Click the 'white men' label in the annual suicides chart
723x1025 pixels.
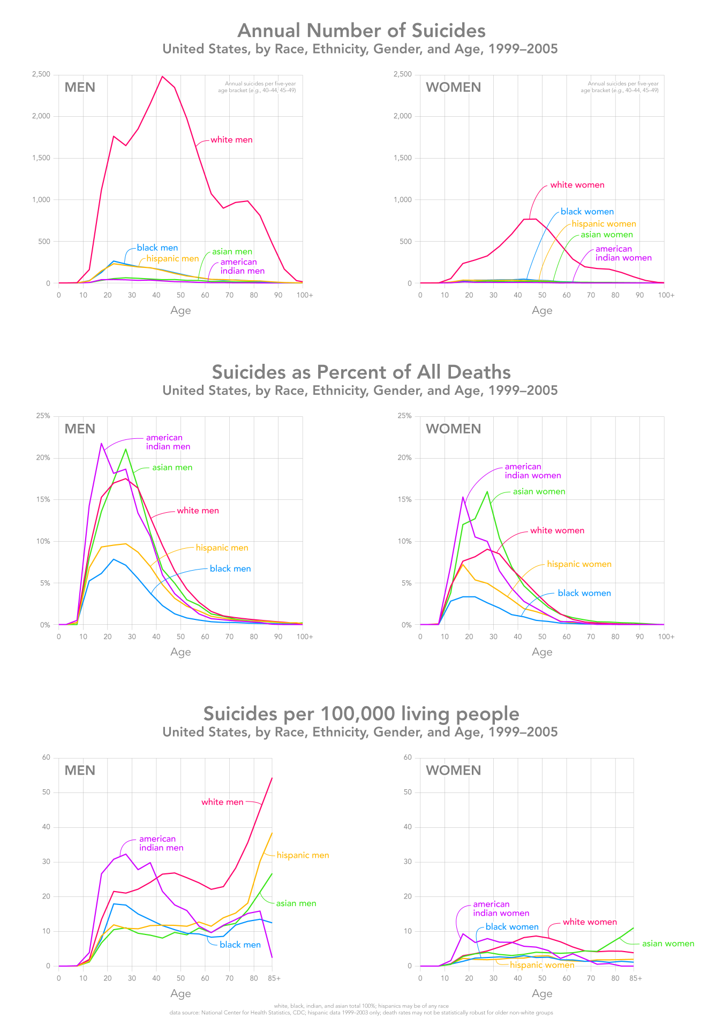[x=231, y=140]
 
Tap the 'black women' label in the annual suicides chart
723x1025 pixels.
[x=587, y=212]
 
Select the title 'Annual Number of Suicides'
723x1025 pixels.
[x=361, y=30]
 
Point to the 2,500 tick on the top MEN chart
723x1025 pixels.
[x=40, y=74]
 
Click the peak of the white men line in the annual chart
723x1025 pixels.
[x=162, y=77]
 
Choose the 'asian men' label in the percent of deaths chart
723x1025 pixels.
[x=172, y=467]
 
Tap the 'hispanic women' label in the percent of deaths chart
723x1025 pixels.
[x=579, y=564]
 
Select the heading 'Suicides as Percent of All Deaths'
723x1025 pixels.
[x=361, y=372]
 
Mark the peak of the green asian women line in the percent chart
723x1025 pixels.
[x=487, y=492]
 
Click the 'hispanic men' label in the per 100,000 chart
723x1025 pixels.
[x=303, y=855]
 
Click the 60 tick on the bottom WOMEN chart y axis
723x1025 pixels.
[x=407, y=757]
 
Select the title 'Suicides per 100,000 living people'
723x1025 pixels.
[x=361, y=714]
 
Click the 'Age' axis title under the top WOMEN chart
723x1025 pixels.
[x=542, y=310]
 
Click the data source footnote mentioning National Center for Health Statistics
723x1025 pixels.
[x=361, y=1013]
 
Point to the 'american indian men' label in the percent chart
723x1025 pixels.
[x=168, y=442]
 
